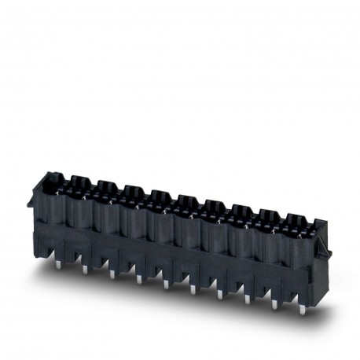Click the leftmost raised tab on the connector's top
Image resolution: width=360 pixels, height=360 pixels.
78,181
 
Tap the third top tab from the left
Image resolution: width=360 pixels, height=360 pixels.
132,190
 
